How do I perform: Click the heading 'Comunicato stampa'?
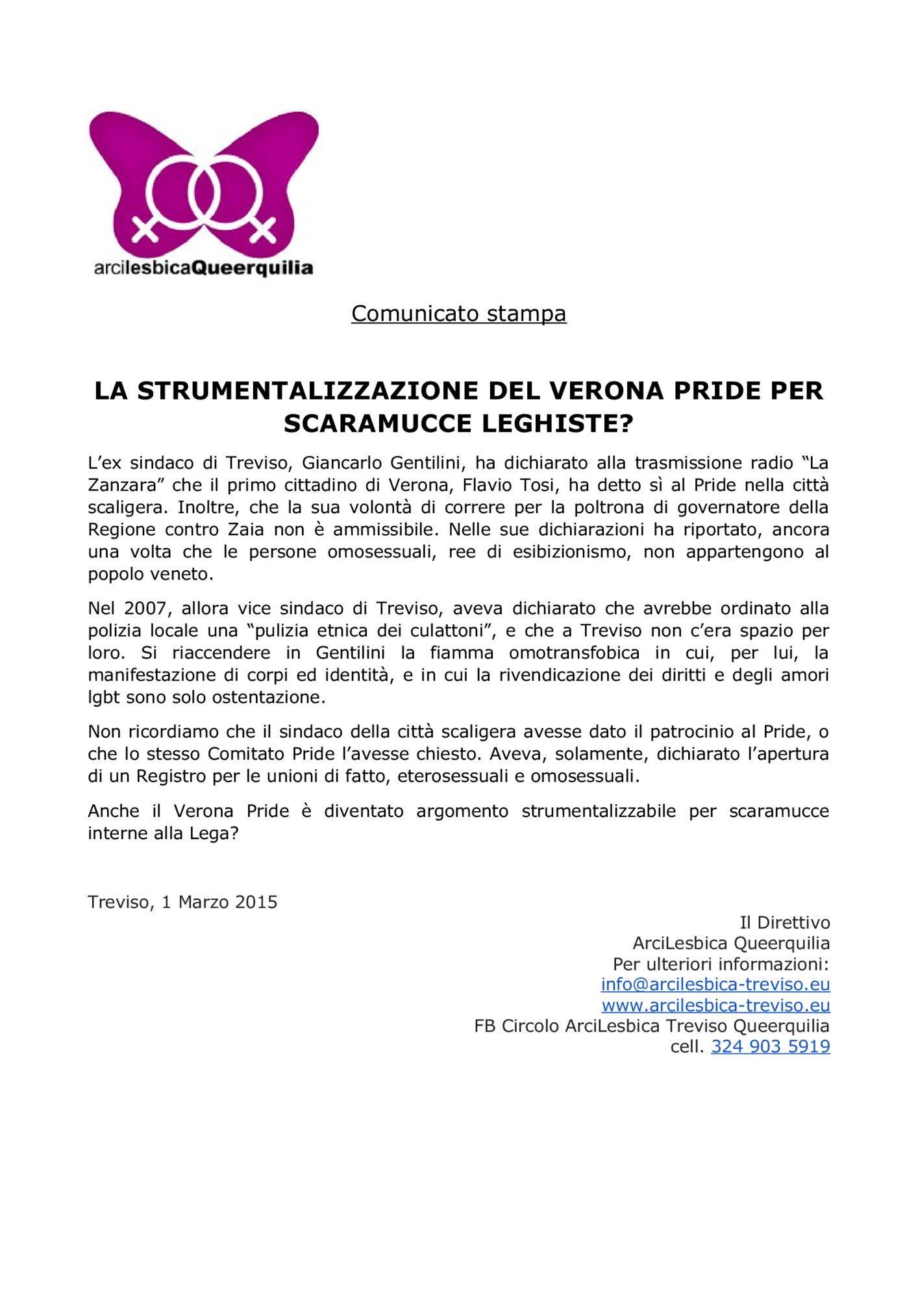coord(458,313)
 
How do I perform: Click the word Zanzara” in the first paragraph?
coord(125,485)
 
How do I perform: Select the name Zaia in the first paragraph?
coord(245,529)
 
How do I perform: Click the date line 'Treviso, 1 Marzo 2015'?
coord(182,902)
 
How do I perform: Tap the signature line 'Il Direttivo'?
coord(784,923)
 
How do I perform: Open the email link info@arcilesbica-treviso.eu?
coord(715,985)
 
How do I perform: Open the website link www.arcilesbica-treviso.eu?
coord(715,1005)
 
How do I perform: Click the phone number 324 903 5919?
coord(770,1046)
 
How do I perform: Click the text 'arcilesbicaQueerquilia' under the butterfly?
coord(203,268)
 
